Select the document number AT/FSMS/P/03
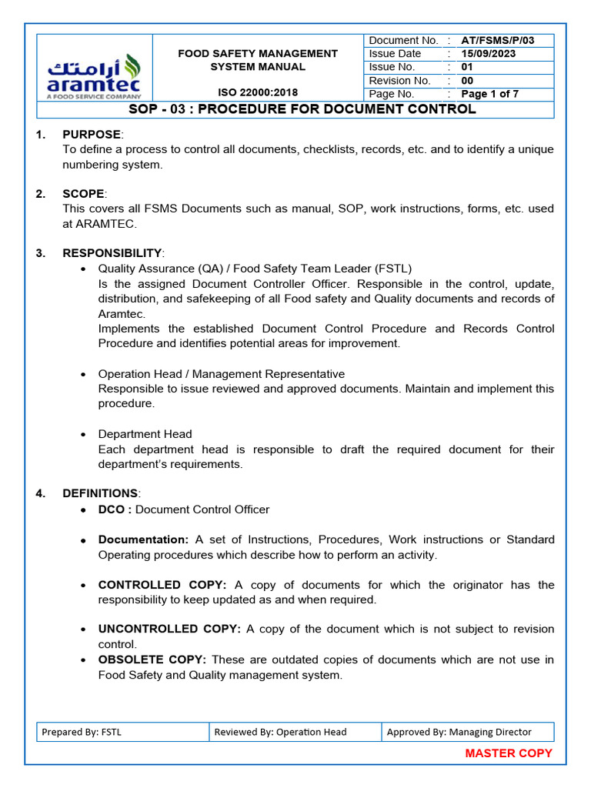pyautogui.click(x=497, y=40)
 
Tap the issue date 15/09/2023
pyautogui.click(x=489, y=54)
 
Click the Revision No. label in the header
pyautogui.click(x=399, y=81)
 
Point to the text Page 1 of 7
pyautogui.click(x=489, y=94)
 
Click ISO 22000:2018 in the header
pyautogui.click(x=257, y=93)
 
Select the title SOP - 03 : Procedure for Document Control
pyautogui.click(x=302, y=109)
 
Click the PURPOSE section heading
pyautogui.click(x=92, y=135)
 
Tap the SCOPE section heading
pyautogui.click(x=84, y=194)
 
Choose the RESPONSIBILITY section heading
pyautogui.click(x=112, y=253)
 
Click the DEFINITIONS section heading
pyautogui.click(x=100, y=493)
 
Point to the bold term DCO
pyautogui.click(x=115, y=509)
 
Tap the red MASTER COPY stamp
pyautogui.click(x=509, y=753)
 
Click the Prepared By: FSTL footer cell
pyautogui.click(x=82, y=732)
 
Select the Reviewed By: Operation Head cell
pyautogui.click(x=280, y=732)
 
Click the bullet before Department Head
pyautogui.click(x=83, y=435)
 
